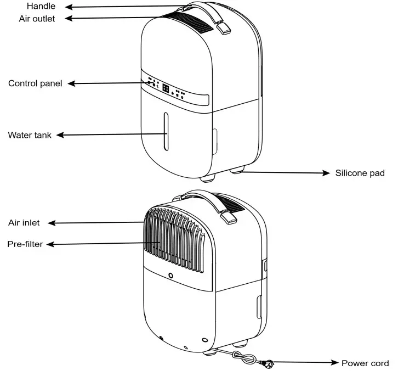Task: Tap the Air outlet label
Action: pos(36,18)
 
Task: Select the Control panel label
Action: pos(35,83)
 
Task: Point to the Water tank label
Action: pos(30,135)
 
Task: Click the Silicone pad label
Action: pos(360,173)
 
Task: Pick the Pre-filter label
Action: pos(25,243)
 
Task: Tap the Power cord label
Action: pos(365,363)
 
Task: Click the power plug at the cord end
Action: pos(267,362)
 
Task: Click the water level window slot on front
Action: pos(164,132)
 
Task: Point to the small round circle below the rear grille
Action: pos(171,276)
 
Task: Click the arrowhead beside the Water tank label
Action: pos(61,135)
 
